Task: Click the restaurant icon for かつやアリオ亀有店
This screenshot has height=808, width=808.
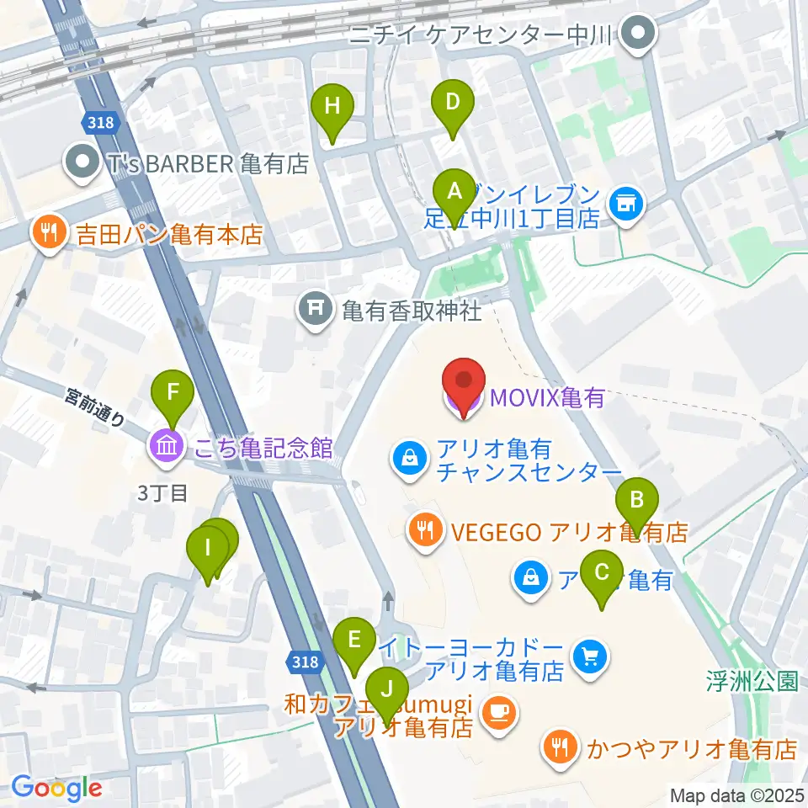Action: point(558,746)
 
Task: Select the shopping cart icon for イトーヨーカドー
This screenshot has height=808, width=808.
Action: point(588,656)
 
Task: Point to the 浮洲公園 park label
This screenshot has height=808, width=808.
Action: point(752,680)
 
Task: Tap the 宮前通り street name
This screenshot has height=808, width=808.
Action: point(96,407)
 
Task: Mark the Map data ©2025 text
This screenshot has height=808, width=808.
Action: point(736,794)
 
